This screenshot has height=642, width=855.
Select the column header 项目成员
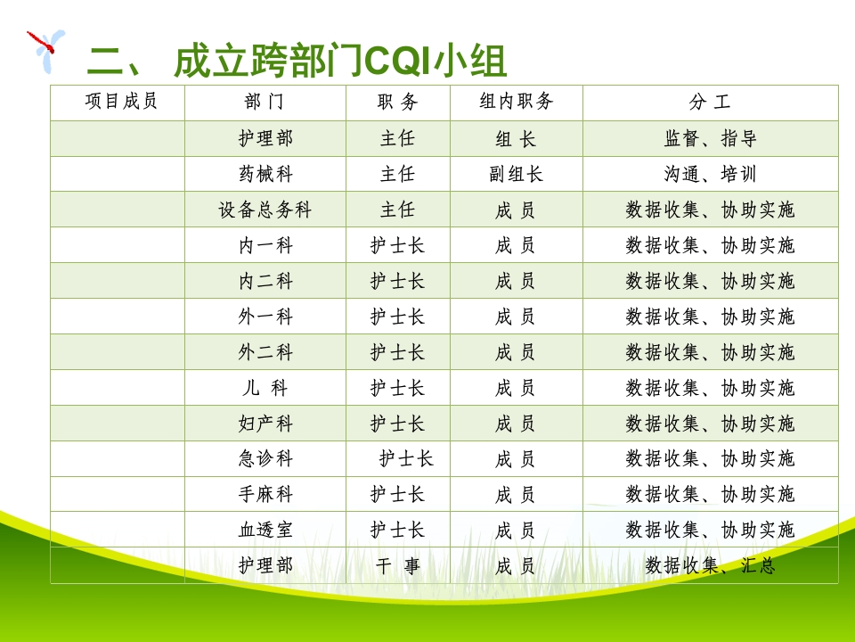[x=121, y=102]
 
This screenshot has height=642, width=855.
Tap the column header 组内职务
[x=517, y=102]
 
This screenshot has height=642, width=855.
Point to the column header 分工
[x=710, y=103]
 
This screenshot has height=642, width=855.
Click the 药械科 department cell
[x=265, y=174]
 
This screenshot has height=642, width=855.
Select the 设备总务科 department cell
[x=265, y=210]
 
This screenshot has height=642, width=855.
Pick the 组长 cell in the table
[x=516, y=139]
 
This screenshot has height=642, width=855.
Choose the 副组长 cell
[x=516, y=174]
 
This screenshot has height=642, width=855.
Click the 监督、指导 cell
[x=710, y=139]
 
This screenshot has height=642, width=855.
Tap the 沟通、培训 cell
[x=710, y=174]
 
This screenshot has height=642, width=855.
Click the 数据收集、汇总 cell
[x=710, y=565]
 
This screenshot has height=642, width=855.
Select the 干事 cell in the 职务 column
[x=397, y=565]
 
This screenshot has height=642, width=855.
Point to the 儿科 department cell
[x=265, y=388]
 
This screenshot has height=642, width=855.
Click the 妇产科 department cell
[x=265, y=424]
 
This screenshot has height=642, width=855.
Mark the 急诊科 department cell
[x=265, y=459]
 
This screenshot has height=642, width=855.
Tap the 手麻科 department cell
[x=265, y=494]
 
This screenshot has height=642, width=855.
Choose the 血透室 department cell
[x=265, y=530]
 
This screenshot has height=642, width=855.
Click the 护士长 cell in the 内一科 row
[x=397, y=245]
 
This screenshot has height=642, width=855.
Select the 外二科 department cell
[x=265, y=352]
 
